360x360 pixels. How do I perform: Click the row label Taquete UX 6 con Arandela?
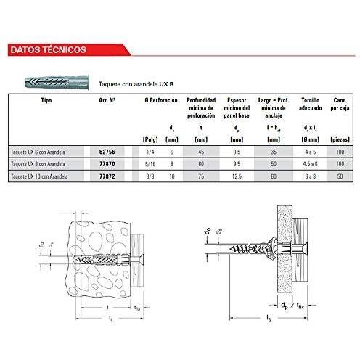(x=37, y=151)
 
